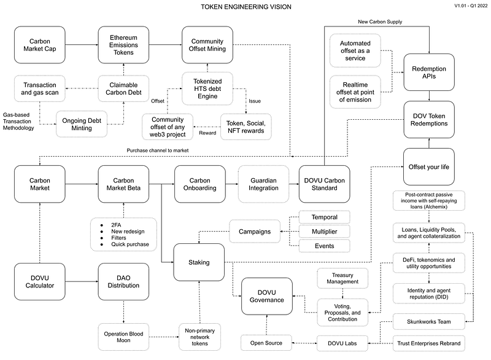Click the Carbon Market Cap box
tap(39, 45)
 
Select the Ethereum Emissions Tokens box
tap(124, 45)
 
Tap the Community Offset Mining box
tap(207, 45)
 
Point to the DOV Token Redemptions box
tap(430, 119)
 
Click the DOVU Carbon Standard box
tap(324, 183)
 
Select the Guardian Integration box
tap(263, 183)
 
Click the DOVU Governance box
tap(267, 295)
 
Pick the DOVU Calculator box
tap(39, 281)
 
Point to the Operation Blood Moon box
tap(123, 337)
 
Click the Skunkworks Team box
tap(428, 321)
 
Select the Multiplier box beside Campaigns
tap(324, 232)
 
